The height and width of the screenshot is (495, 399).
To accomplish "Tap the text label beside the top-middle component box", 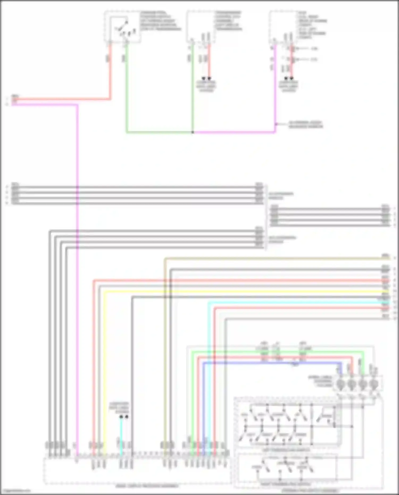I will click(x=228, y=21).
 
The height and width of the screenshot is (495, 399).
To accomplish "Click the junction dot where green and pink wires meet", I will click(x=193, y=132).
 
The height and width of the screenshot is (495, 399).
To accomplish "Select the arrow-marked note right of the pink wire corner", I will click(x=306, y=124).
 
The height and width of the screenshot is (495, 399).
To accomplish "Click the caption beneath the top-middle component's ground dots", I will click(x=206, y=86).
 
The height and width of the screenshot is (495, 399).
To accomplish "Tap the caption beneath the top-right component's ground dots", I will click(x=289, y=86).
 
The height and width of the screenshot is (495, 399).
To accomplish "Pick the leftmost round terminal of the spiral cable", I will click(x=340, y=384).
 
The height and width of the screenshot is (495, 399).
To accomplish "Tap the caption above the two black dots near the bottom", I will click(x=119, y=407).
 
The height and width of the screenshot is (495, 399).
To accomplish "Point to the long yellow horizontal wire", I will click(x=239, y=292).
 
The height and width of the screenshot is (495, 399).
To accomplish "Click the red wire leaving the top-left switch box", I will click(x=110, y=72).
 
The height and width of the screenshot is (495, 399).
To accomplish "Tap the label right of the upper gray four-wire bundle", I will click(x=281, y=195).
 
